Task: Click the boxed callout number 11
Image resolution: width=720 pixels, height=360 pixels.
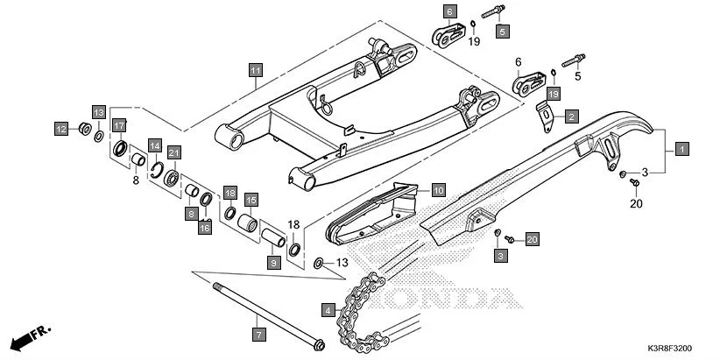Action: coord(255,69)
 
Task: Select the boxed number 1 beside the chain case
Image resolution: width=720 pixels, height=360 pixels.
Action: coord(682,149)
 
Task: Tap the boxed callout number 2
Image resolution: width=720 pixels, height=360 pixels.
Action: coord(570,116)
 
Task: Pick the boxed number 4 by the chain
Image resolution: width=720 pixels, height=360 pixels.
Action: coord(328,309)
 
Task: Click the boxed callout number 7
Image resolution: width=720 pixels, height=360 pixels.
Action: coord(258,334)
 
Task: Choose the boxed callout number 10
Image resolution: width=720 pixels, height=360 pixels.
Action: coord(438,189)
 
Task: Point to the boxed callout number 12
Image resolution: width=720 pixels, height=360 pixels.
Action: coord(60,130)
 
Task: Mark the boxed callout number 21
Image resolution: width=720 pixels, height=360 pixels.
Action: coord(173,152)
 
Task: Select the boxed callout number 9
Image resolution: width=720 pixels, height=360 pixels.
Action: coord(272,262)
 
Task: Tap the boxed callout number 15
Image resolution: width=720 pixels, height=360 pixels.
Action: coord(250,200)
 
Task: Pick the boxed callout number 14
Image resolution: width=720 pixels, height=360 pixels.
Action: coord(154,145)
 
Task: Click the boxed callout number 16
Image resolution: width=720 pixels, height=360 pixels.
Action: coord(204,228)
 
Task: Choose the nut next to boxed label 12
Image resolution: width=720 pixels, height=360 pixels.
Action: coord(84,131)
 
